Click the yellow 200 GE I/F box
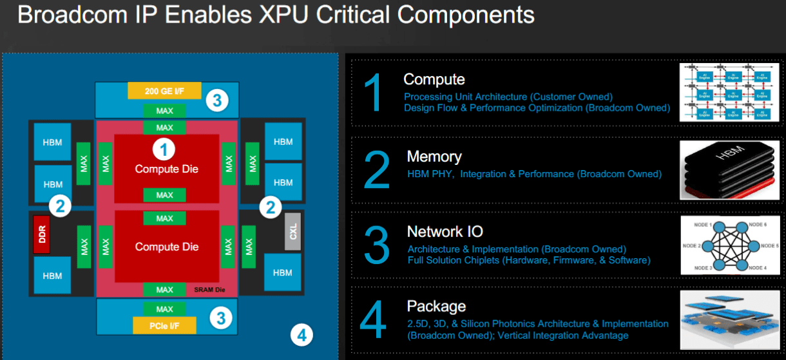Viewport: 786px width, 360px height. click(164, 91)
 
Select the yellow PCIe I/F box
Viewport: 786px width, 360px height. click(164, 326)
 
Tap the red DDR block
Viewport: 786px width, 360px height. click(42, 234)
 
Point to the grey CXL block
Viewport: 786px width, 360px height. click(293, 230)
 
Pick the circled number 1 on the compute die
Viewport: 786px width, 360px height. click(164, 149)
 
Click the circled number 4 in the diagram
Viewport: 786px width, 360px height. click(301, 334)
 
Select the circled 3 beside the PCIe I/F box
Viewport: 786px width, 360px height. click(220, 317)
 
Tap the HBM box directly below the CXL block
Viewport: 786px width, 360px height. click(282, 272)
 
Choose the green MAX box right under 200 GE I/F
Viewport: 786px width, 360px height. click(164, 111)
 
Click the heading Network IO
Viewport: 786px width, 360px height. click(445, 232)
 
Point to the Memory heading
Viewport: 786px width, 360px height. click(434, 156)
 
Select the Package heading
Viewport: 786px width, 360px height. click(436, 307)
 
